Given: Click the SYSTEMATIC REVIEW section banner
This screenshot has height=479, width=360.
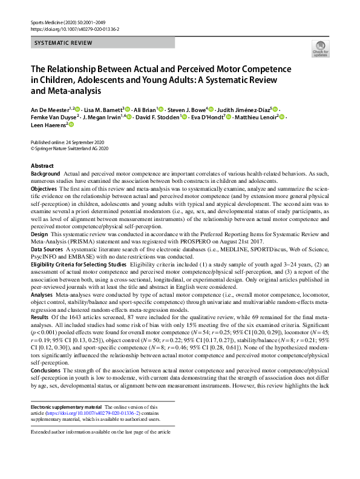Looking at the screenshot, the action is pyautogui.click(x=62, y=43).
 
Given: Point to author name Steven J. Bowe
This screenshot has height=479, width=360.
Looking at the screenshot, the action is pyautogui.click(x=185, y=109).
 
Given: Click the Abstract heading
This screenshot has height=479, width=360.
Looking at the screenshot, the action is pyautogui.click(x=42, y=165).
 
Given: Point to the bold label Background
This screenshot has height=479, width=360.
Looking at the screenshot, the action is pyautogui.click(x=46, y=173).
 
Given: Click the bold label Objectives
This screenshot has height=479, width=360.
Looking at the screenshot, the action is pyautogui.click(x=44, y=189).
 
